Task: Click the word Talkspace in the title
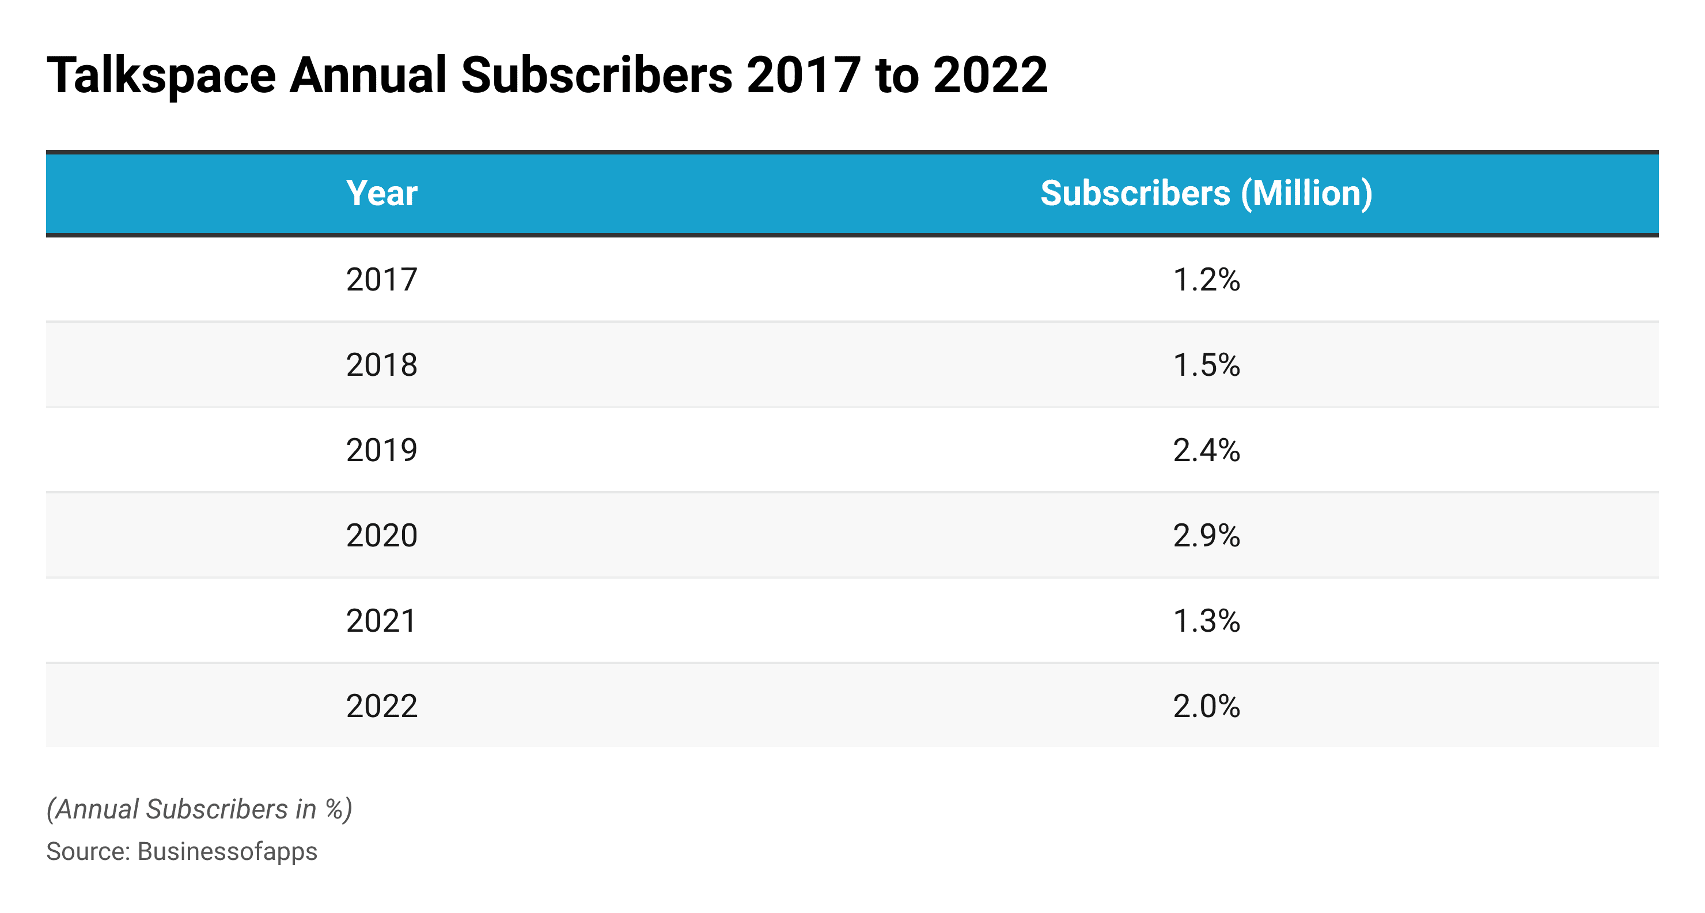click(x=161, y=75)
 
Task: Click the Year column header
click(x=381, y=193)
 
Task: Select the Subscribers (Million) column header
click(x=1206, y=193)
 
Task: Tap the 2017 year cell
click(x=381, y=280)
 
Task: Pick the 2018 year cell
click(x=381, y=365)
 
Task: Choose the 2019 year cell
click(x=381, y=450)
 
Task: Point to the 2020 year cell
click(x=381, y=535)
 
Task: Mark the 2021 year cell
click(x=381, y=620)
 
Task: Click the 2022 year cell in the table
click(x=381, y=705)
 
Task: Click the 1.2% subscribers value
click(x=1206, y=280)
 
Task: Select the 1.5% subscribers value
click(x=1206, y=365)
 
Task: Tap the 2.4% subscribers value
click(x=1206, y=450)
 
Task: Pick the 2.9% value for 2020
click(x=1206, y=535)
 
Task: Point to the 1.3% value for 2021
click(x=1206, y=620)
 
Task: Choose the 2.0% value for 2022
click(x=1206, y=705)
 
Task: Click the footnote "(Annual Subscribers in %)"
click(x=199, y=809)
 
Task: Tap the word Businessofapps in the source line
click(x=227, y=851)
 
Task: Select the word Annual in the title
click(x=368, y=75)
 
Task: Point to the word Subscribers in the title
click(x=596, y=75)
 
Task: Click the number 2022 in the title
click(x=990, y=75)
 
